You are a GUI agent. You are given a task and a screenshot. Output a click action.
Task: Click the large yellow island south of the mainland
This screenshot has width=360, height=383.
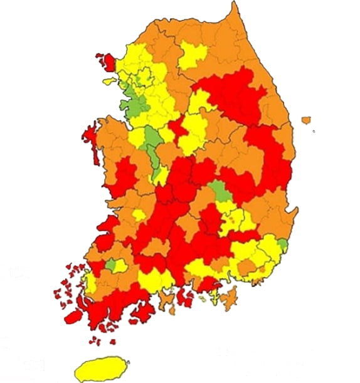100,368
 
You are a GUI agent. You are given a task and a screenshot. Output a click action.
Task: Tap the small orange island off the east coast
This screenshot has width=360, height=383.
306,120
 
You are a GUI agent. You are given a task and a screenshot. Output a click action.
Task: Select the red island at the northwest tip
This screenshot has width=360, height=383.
107,61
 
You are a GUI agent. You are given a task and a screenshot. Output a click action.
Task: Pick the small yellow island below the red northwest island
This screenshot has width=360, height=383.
109,81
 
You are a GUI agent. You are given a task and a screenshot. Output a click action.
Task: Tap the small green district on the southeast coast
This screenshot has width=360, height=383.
282,244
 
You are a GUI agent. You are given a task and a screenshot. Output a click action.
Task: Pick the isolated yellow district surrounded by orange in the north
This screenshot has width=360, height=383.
191,55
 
